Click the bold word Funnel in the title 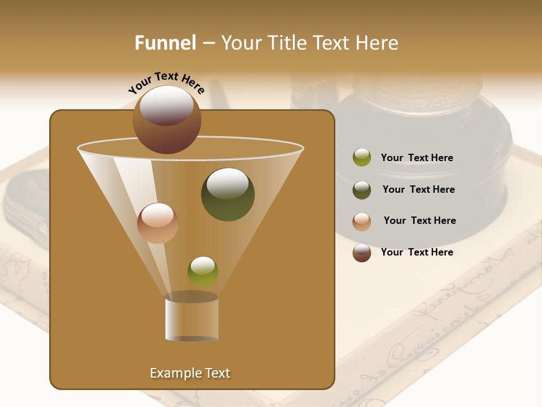165,43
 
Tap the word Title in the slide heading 286,43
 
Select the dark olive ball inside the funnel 228,194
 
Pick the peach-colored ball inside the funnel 158,223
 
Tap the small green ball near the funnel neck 203,271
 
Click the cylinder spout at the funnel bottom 191,319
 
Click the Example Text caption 190,373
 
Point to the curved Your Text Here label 166,83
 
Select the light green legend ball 362,158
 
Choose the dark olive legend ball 362,190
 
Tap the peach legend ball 362,221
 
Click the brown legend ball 362,253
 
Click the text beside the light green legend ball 417,158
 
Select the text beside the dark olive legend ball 418,189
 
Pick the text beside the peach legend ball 419,220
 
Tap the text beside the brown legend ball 417,252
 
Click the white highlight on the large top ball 166,105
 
